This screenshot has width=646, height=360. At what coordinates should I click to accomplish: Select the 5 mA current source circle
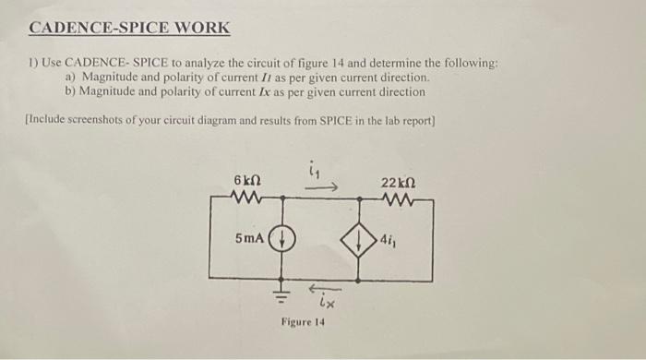(x=281, y=238)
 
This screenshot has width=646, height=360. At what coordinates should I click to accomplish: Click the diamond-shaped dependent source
(x=354, y=240)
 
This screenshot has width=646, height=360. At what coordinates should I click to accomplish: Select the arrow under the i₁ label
(x=326, y=187)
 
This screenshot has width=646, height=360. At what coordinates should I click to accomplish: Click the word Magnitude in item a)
(x=111, y=78)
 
